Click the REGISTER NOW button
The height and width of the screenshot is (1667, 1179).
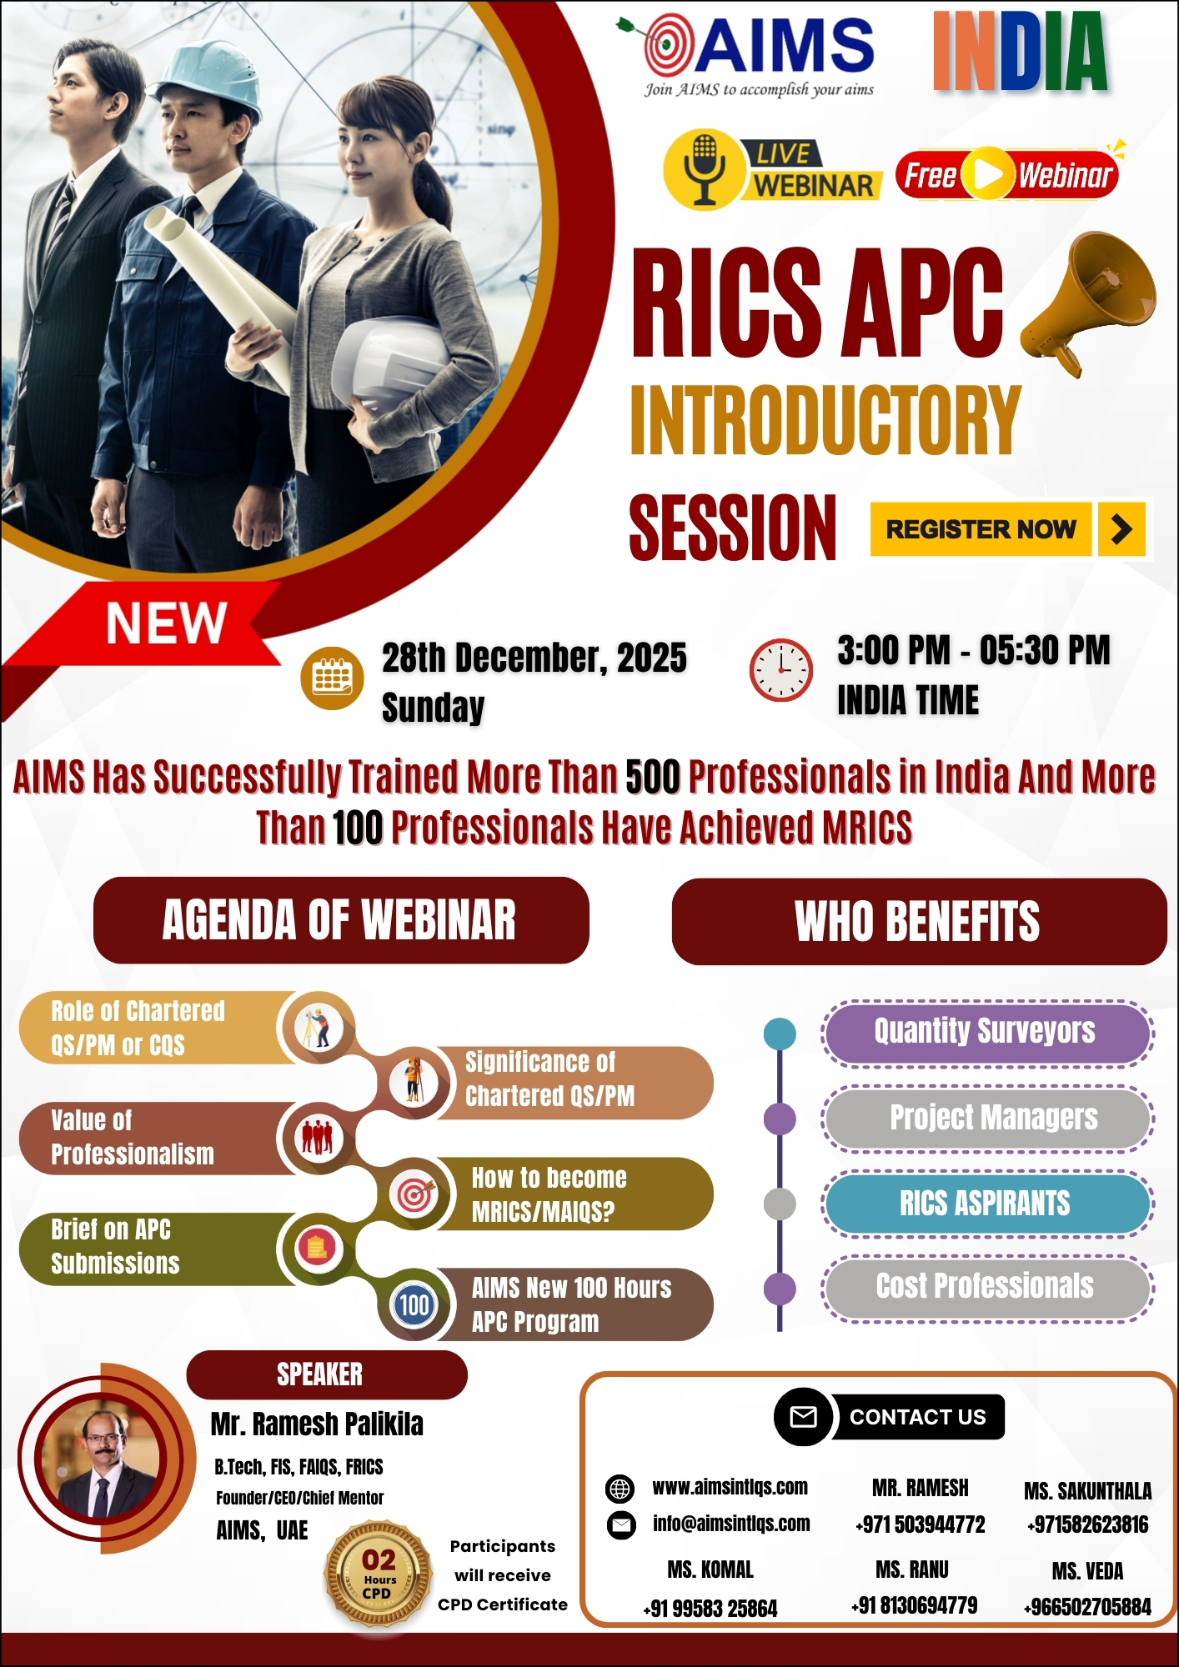coord(1009,529)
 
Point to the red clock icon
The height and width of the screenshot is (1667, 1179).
coord(781,670)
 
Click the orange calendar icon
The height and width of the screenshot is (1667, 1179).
coord(333,678)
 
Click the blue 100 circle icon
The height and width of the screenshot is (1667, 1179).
coord(414,1305)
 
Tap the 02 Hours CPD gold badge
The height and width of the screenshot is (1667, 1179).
coord(379,1574)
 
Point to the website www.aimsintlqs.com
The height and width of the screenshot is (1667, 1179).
coord(730,1487)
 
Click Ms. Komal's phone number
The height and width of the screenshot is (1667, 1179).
coord(710,1609)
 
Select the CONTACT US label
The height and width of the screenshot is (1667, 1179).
coord(917,1417)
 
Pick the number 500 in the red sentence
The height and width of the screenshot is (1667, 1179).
coord(653,778)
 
